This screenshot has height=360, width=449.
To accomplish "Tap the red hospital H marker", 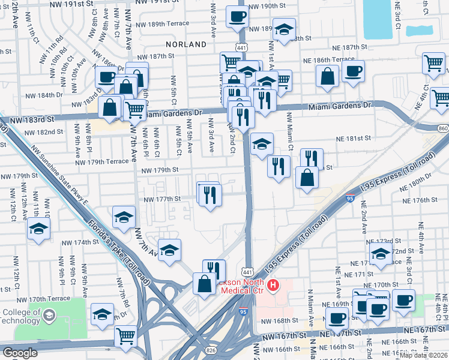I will click(274, 284).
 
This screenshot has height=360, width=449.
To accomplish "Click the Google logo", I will click(20, 353).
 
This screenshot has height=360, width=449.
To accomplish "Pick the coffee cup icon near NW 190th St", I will click(237, 16).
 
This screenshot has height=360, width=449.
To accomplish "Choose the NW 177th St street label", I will click(161, 199).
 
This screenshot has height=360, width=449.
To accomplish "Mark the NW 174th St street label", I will click(82, 242).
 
